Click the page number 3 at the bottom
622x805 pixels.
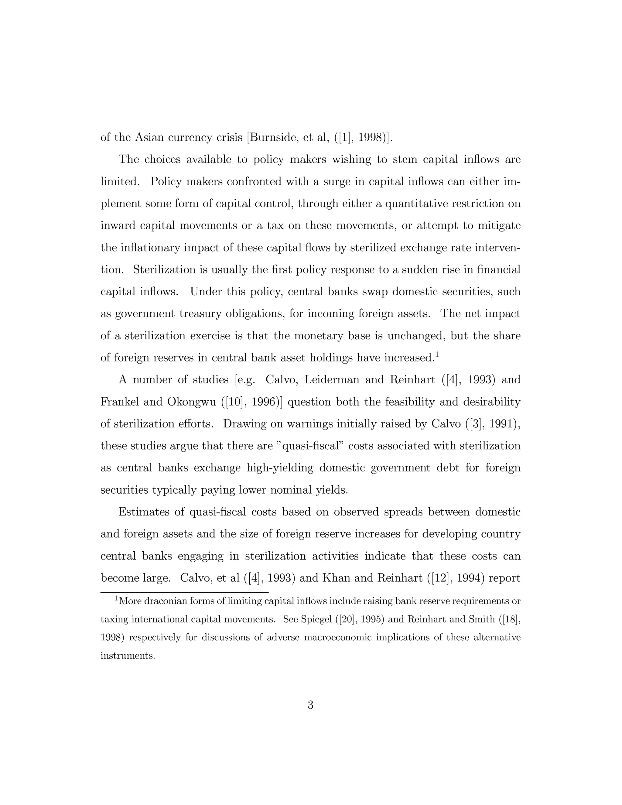(x=310, y=705)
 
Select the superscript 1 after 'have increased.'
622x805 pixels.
(x=437, y=355)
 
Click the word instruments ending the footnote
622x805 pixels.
(x=127, y=656)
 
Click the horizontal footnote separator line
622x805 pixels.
(x=184, y=592)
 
